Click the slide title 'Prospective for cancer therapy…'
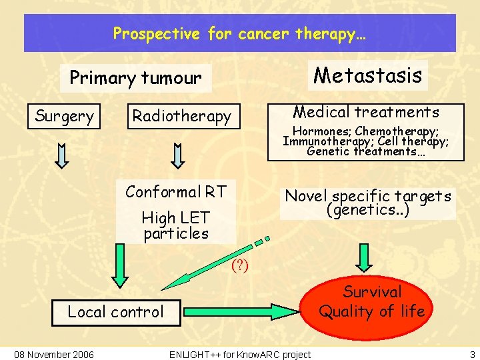point(239,33)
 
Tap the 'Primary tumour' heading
point(135,79)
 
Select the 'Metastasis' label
point(367,75)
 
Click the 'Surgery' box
point(64,117)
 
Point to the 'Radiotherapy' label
point(181,117)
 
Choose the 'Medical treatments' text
point(366,112)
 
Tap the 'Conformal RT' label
point(176,193)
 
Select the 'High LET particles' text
point(176,225)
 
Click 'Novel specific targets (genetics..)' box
point(368,203)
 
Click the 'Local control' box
point(115,311)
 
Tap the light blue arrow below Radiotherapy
point(178,155)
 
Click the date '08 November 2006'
point(54,353)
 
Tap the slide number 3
point(473,353)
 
